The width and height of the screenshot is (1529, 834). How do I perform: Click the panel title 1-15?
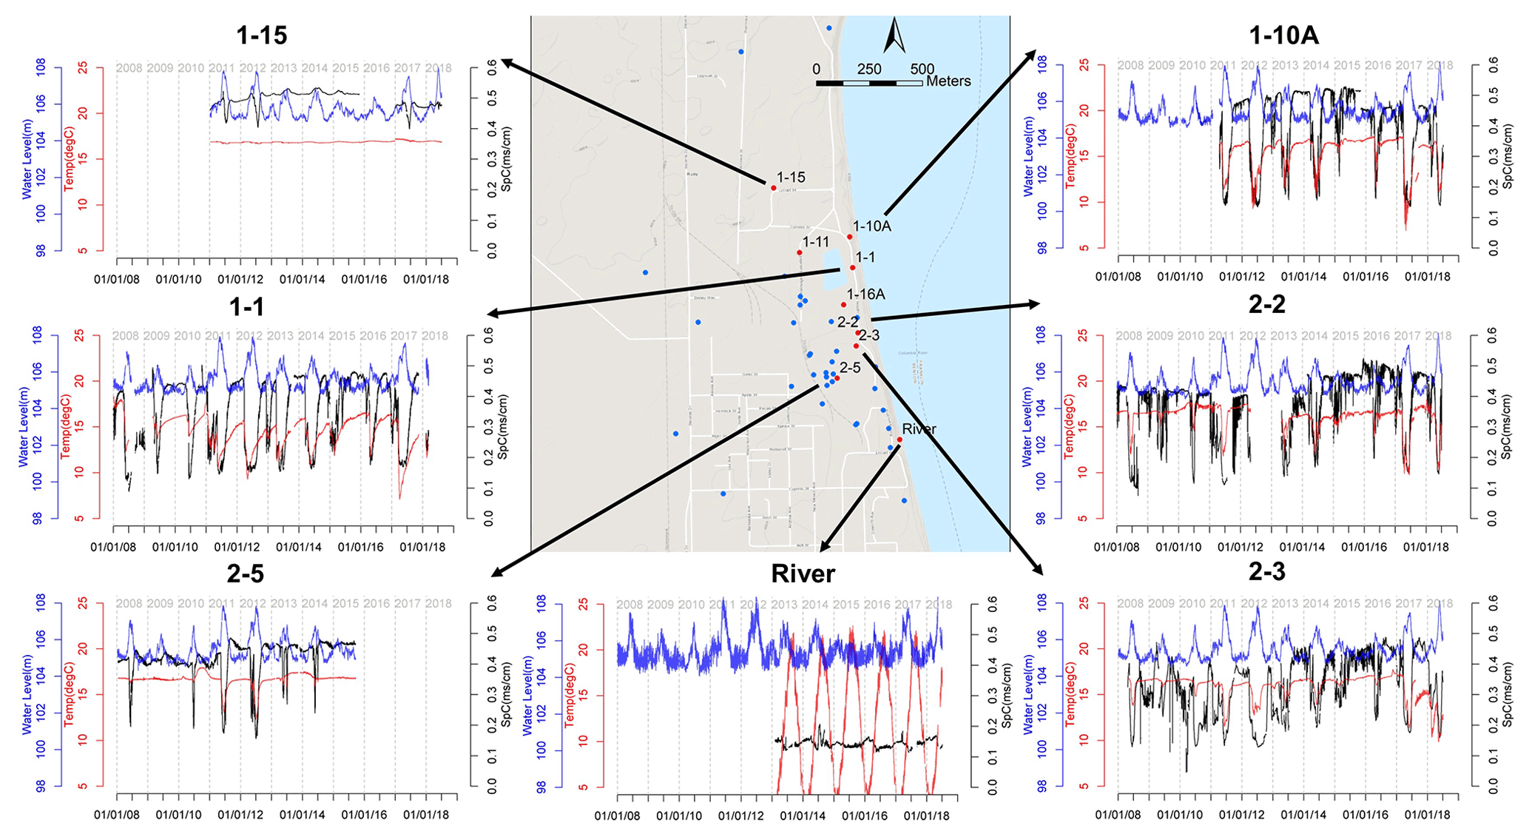[261, 35]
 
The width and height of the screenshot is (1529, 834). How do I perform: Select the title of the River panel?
[803, 574]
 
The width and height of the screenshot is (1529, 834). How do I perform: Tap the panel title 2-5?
[245, 574]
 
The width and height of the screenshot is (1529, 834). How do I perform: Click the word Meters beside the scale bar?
[948, 81]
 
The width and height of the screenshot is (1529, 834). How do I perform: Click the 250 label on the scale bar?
[869, 69]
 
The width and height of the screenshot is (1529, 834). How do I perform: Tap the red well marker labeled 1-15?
[773, 188]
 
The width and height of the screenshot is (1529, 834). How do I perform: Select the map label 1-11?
[816, 242]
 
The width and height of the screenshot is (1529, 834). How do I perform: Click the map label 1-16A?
[866, 295]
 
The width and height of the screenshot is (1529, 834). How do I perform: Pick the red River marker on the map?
[899, 440]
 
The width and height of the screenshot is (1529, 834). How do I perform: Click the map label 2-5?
[850, 368]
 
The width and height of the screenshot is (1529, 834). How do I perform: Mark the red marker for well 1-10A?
[849, 237]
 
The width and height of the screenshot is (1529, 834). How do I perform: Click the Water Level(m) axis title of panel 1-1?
[24, 427]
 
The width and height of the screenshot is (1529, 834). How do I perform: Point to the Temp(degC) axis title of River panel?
[570, 696]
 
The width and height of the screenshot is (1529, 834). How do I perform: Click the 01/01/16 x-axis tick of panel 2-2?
[1365, 548]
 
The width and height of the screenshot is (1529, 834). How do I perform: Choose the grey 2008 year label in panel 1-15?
[129, 68]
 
